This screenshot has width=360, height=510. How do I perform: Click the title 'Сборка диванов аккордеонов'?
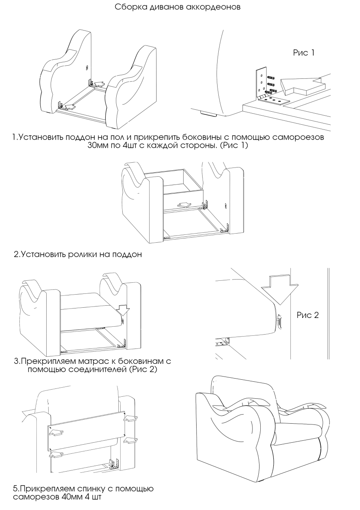click(177, 8)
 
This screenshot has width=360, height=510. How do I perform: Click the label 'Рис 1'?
click(303, 53)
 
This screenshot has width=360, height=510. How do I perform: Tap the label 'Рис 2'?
click(307, 315)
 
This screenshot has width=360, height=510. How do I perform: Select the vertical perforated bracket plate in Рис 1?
click(261, 82)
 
